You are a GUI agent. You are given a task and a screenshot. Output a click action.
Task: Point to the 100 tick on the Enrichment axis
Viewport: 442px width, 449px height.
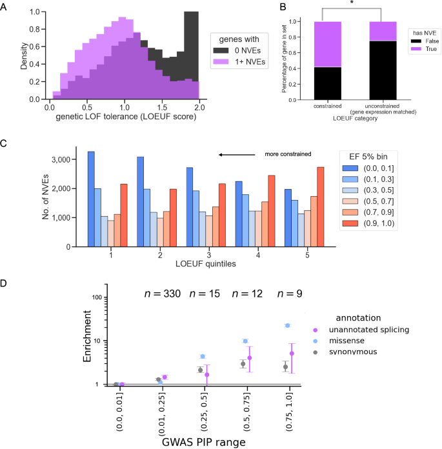99,297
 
